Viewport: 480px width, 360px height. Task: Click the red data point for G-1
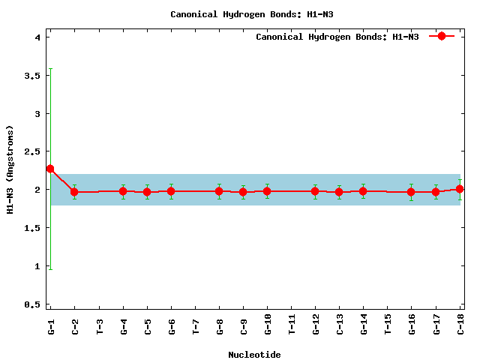[50, 169]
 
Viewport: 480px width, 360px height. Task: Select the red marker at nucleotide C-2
[74, 192]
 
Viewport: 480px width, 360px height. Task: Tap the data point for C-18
[460, 189]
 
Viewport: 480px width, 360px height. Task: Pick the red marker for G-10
[267, 191]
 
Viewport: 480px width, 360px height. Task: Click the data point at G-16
[411, 192]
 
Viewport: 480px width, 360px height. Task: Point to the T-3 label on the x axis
[100, 327]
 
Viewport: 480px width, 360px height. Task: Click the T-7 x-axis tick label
[196, 327]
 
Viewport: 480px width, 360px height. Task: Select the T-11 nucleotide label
[292, 325]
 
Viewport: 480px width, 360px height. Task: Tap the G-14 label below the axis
[364, 325]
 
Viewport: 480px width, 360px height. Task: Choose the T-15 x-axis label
[388, 325]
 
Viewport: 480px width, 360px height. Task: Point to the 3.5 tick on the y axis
[32, 76]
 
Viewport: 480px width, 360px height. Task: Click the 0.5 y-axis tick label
[32, 304]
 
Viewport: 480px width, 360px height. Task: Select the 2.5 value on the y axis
[32, 151]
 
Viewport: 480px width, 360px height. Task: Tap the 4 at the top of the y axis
[37, 37]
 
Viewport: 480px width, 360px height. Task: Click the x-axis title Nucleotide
[254, 355]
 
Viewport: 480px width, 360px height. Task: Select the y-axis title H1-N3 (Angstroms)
[10, 169]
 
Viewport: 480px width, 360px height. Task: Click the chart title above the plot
[252, 14]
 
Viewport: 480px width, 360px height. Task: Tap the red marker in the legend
[442, 36]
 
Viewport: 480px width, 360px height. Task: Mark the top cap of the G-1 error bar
[50, 68]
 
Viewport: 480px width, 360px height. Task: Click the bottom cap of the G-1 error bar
[50, 269]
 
